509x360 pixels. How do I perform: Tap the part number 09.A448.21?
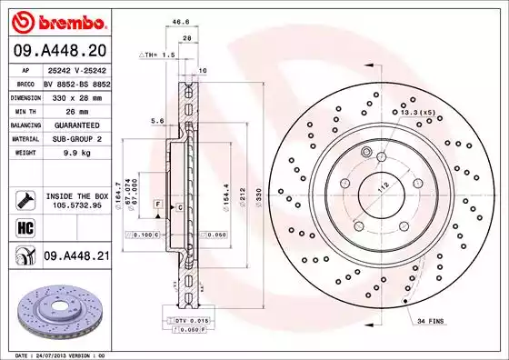tap(76, 257)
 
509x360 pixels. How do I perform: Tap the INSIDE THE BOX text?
tap(75, 195)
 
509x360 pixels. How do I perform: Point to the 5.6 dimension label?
tap(156, 121)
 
